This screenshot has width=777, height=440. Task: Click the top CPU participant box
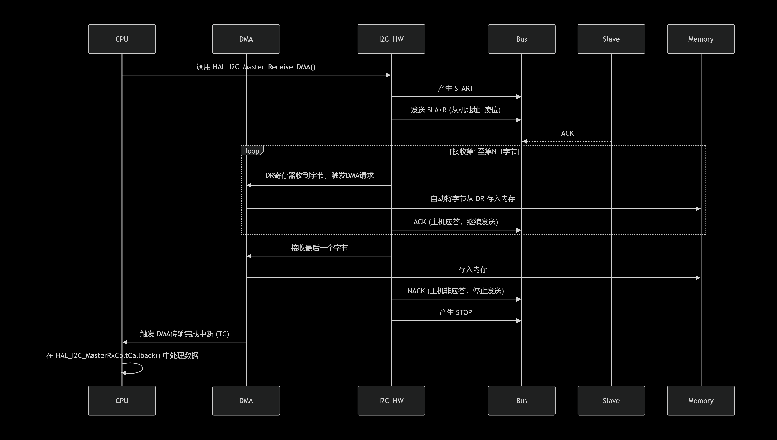(x=122, y=39)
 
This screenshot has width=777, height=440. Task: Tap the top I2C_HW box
(x=391, y=39)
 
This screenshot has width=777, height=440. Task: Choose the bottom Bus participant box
(x=521, y=400)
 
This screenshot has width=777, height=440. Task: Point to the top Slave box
(x=611, y=39)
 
